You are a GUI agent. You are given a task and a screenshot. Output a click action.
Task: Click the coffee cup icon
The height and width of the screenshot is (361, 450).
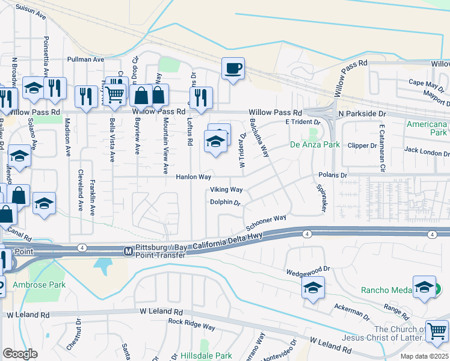coord(232,68)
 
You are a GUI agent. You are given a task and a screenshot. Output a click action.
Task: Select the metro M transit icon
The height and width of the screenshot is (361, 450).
coord(128,251)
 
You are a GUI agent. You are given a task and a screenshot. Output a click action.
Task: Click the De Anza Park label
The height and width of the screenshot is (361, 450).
coord(315,145)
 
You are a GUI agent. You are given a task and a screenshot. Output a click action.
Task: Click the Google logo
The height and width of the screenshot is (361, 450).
coord(20,354)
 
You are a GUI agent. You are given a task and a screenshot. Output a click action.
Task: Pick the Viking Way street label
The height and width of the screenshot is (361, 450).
coord(226,190)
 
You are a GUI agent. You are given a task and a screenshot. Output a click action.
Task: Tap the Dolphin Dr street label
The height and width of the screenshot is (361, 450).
coord(225,203)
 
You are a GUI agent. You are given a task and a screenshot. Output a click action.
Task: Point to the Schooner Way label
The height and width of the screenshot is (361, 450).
coord(265,223)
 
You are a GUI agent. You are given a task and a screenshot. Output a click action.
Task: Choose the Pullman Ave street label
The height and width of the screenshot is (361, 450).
coord(86,60)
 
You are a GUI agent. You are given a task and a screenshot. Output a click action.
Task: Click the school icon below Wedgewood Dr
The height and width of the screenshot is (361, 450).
coord(313,288)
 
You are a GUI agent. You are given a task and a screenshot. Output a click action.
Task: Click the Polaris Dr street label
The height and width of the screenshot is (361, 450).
coord(333,175)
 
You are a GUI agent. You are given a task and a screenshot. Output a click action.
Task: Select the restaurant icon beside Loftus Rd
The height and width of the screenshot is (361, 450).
coord(200,97)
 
